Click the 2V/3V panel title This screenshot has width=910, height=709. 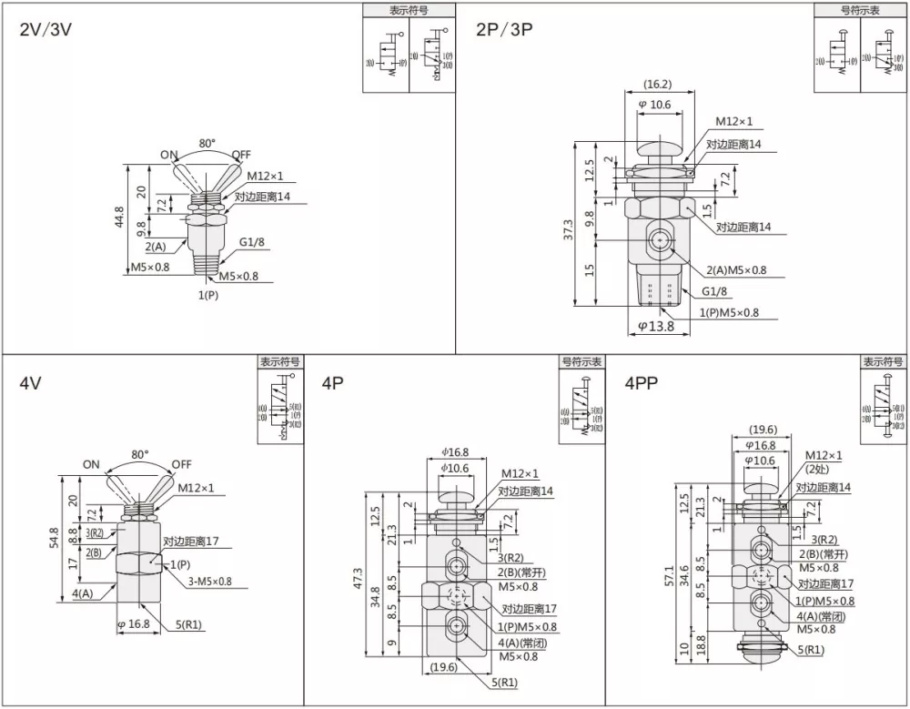45,28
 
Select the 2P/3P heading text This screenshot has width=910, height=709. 504,28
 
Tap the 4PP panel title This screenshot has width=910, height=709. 642,383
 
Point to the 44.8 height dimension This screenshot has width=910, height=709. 119,219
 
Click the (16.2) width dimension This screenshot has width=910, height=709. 656,85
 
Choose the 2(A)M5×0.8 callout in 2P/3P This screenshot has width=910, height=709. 735,269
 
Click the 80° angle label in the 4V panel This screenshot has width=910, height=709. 139,453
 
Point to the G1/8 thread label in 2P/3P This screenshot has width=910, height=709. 714,291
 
